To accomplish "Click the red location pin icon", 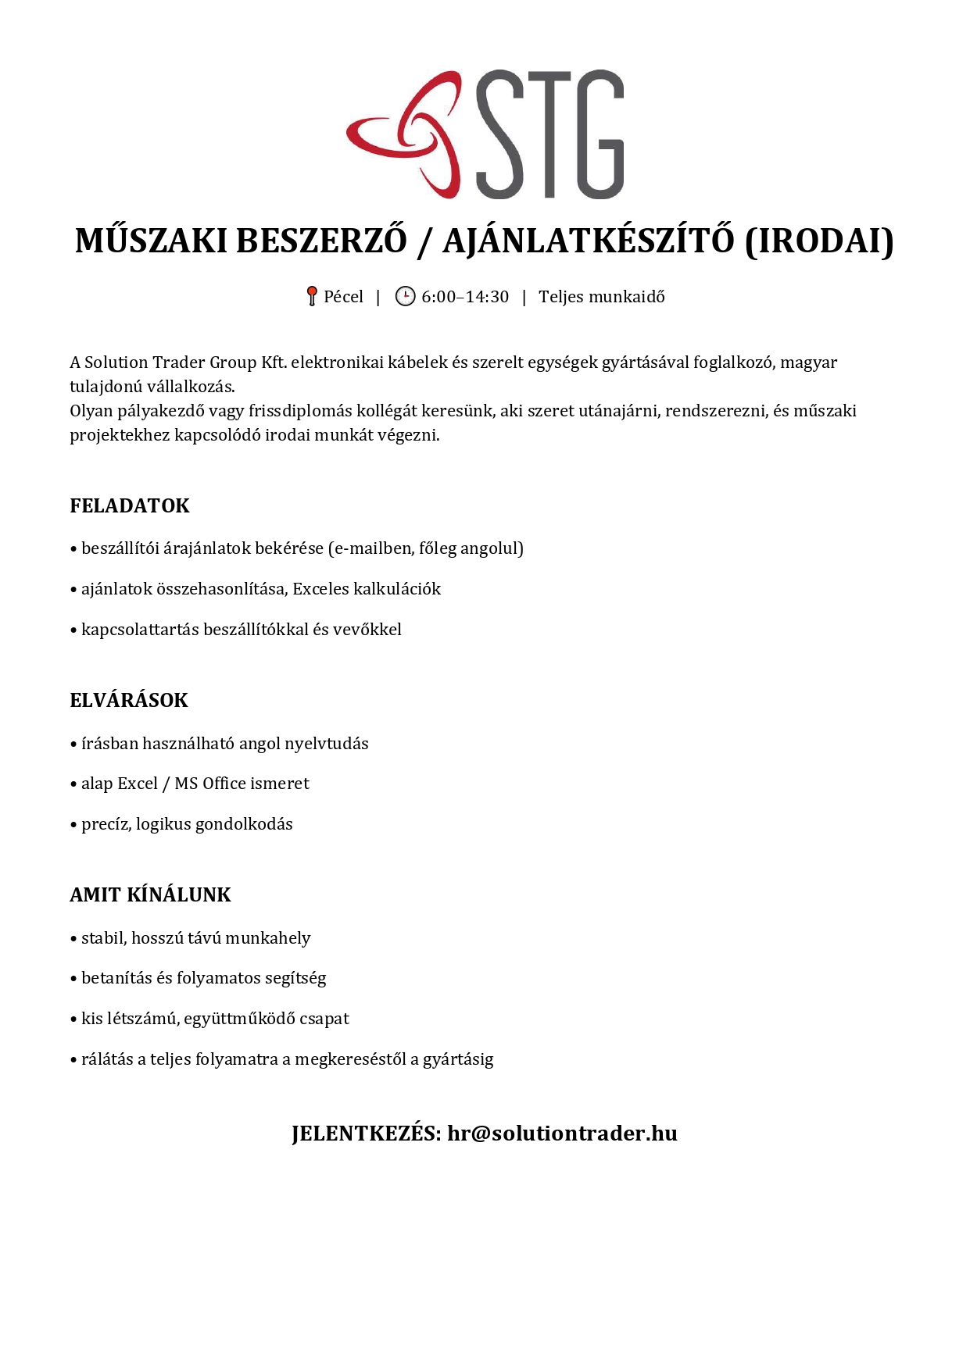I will [x=311, y=296].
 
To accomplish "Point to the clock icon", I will [x=405, y=296].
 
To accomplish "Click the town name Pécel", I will [x=344, y=297].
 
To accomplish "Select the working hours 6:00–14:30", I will [x=465, y=297].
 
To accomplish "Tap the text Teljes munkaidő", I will [x=602, y=297].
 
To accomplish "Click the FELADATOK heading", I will [x=130, y=505].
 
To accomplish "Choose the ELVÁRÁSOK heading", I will [x=129, y=700].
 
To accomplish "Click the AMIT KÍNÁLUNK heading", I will [x=150, y=894].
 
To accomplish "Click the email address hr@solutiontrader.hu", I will [x=562, y=1133].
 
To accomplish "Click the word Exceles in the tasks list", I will [x=320, y=589].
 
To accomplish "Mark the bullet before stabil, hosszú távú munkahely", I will [x=73, y=939].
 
